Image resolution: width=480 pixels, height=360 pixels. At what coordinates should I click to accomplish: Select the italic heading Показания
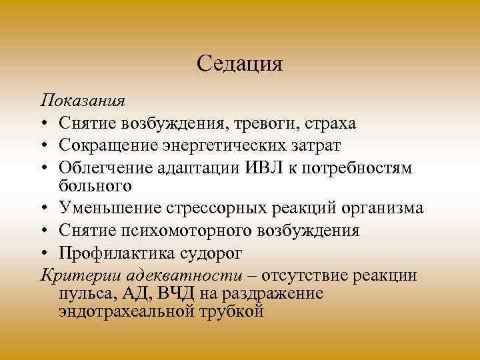pyautogui.click(x=83, y=101)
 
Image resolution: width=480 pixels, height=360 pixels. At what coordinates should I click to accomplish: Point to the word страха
pyautogui.click(x=331, y=123)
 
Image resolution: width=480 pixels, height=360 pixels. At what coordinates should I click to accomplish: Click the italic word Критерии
pyautogui.click(x=75, y=275)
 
